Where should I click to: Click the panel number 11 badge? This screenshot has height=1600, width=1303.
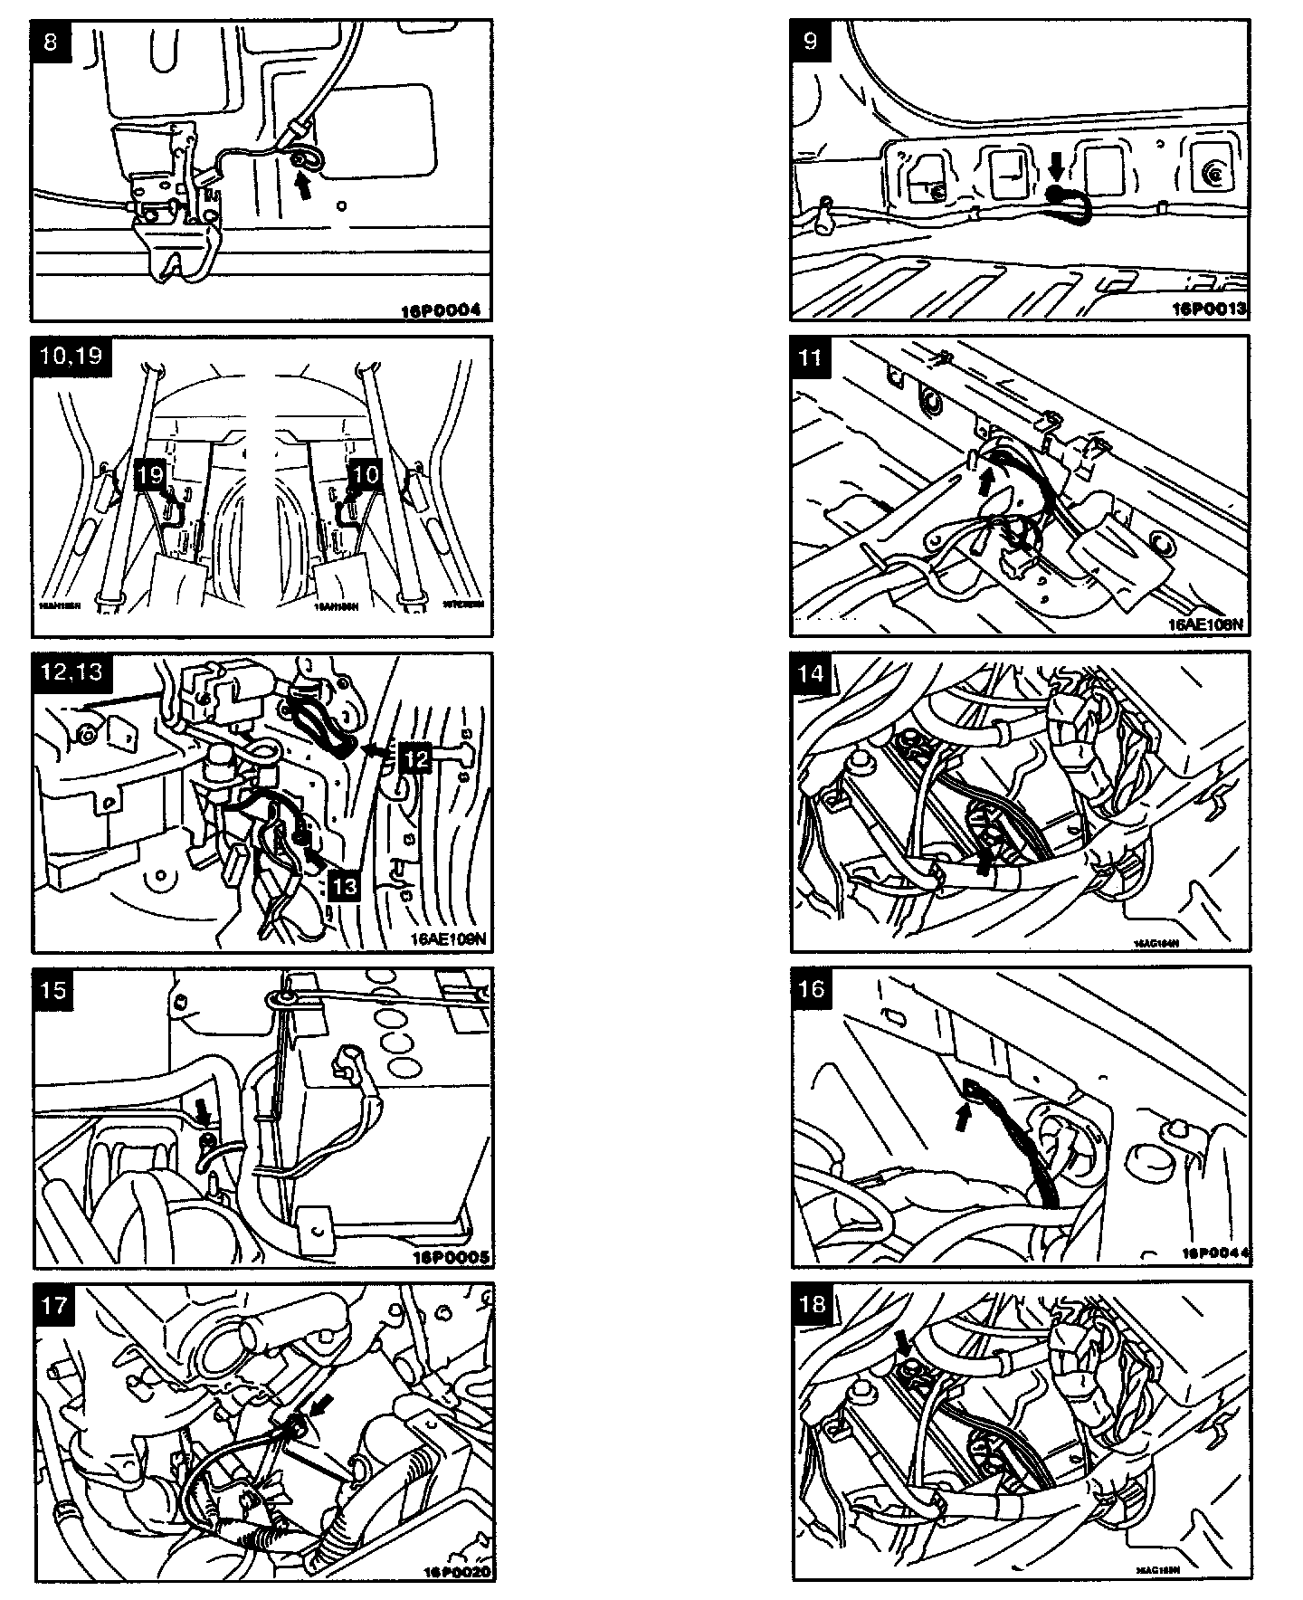(x=810, y=357)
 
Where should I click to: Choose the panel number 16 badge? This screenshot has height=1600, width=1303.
(x=812, y=988)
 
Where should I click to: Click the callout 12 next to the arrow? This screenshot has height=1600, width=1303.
(x=415, y=757)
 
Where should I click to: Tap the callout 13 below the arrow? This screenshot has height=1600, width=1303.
(x=346, y=888)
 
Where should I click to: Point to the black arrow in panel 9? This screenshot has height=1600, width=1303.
(x=1055, y=167)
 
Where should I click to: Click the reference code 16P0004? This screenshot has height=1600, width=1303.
(x=441, y=310)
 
